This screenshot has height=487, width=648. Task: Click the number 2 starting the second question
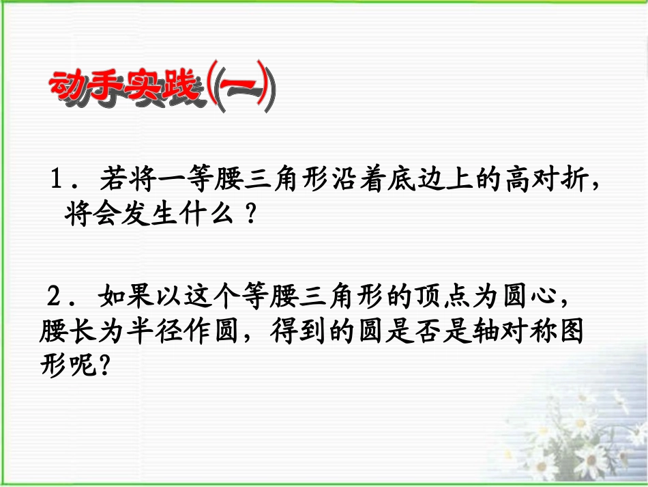click(x=54, y=298)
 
